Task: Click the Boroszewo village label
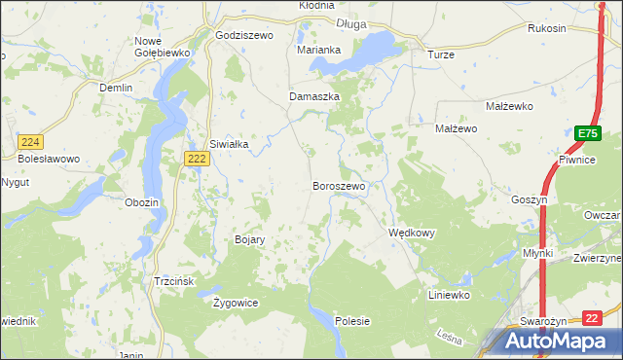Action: pos(339,186)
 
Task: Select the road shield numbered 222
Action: pos(197,159)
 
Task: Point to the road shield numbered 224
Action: pos(29,142)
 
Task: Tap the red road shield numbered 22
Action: pos(593,317)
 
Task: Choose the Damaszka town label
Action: pos(313,97)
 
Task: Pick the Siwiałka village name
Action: pos(230,144)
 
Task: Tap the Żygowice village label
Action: pos(236,303)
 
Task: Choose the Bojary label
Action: pos(250,239)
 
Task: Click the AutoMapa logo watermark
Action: pos(556,342)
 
